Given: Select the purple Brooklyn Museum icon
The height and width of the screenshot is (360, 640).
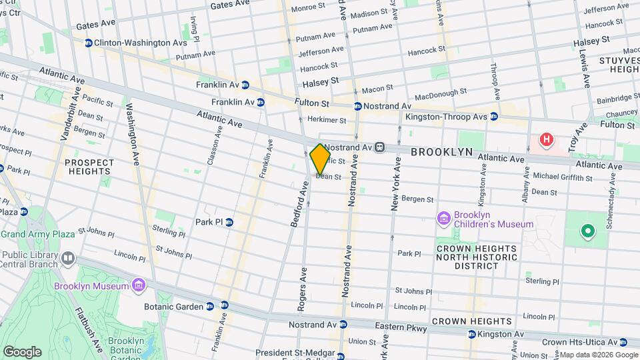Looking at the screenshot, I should pos(139,286).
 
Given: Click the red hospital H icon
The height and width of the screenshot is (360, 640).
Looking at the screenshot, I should pos(547,140).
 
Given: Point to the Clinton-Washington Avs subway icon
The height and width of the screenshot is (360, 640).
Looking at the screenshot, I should pos(87,43).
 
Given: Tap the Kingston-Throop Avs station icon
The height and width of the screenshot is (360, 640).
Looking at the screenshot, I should pos(493,117).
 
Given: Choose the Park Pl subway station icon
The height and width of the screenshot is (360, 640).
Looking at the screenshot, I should pos(229,222).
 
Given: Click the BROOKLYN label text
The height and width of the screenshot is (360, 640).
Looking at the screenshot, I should pos(441,152).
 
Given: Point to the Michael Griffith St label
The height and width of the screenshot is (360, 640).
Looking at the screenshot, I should pos(563,178).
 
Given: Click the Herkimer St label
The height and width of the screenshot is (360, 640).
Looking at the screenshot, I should pos(327,121).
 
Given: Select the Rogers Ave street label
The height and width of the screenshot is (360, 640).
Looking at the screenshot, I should pos(303,289).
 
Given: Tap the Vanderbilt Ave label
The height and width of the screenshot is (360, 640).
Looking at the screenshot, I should pos(69,113).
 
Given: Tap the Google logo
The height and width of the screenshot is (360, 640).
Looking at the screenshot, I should pos(22,351).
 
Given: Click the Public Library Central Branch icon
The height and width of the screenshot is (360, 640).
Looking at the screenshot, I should pos(67,258).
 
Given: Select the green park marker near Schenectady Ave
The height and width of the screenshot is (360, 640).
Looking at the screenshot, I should pos(587,232).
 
